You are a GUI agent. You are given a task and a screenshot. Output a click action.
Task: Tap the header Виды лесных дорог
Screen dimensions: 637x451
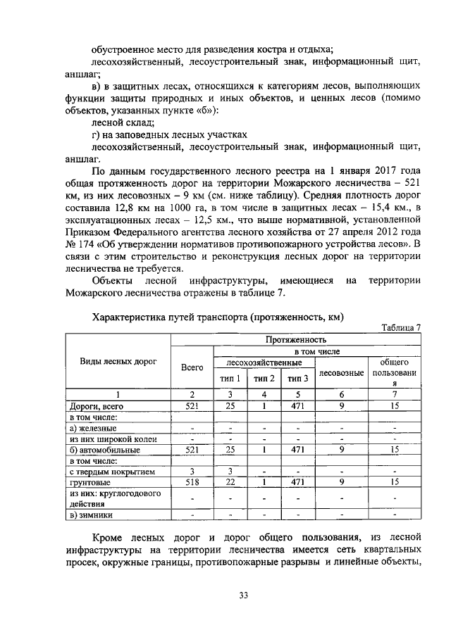(x=118, y=360)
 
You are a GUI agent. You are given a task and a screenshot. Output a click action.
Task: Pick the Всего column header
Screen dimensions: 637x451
(x=192, y=367)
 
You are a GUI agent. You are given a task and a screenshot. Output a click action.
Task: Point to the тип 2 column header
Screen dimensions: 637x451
(x=264, y=379)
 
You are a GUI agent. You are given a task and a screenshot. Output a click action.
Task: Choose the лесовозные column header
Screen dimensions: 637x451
(x=341, y=372)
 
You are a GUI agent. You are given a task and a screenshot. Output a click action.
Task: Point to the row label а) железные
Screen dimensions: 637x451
(x=92, y=427)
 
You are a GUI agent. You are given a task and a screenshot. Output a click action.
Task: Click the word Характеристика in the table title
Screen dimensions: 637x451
(x=132, y=317)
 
